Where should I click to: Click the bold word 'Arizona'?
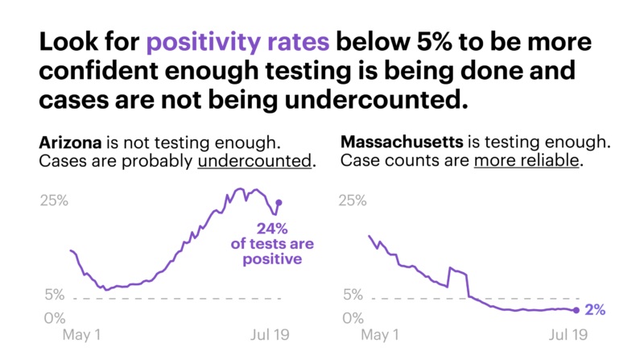coord(71,143)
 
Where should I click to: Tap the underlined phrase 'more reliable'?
coord(526,161)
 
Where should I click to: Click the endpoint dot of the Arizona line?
coord(279,202)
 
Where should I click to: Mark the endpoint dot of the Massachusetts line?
coord(576,310)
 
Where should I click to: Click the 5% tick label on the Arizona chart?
coord(55,295)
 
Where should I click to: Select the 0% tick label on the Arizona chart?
coord(55,318)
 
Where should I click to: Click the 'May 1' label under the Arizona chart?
coord(81,334)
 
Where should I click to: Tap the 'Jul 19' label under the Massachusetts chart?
coord(568,334)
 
